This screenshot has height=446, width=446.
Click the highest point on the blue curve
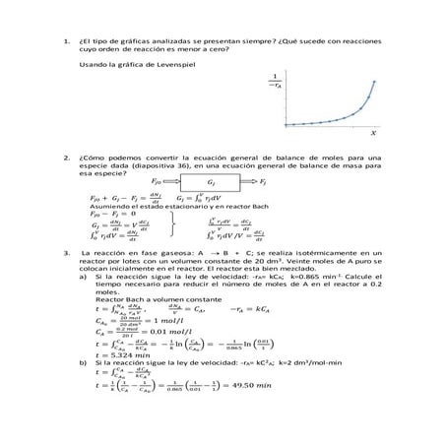coord(375,82)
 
